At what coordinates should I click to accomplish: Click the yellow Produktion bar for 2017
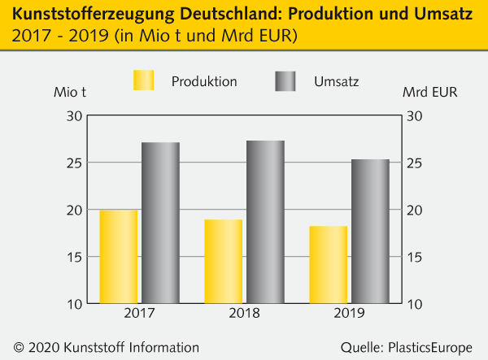(x=119, y=257)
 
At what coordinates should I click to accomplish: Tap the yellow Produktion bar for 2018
(x=224, y=262)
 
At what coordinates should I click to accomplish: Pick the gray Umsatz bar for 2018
(x=265, y=223)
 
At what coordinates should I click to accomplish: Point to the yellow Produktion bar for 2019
(x=329, y=265)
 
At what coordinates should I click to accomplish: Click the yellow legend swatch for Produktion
(x=143, y=80)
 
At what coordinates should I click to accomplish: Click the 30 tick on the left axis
(x=73, y=116)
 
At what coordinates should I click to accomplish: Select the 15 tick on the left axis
(x=73, y=258)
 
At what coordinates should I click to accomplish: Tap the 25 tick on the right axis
(x=415, y=163)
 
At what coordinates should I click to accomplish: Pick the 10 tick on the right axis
(x=415, y=305)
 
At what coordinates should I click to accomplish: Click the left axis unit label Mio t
(x=70, y=92)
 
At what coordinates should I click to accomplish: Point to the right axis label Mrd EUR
(x=429, y=92)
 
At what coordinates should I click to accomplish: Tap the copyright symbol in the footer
(x=19, y=347)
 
